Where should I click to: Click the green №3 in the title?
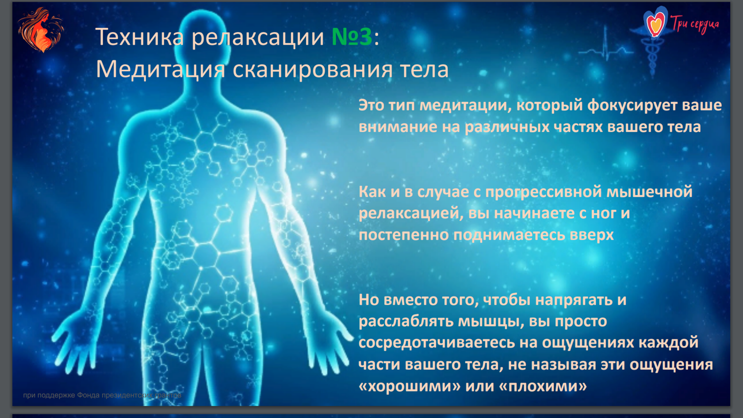(352, 36)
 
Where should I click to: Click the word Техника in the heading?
(139, 36)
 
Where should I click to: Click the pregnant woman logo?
(41, 30)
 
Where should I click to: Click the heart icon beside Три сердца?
(655, 23)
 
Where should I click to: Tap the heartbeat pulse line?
(606, 50)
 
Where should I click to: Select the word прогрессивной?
(544, 192)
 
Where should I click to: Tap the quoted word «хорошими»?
(410, 386)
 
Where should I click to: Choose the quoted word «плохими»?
(543, 386)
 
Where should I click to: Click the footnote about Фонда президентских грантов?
(102, 395)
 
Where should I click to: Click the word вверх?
(592, 235)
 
